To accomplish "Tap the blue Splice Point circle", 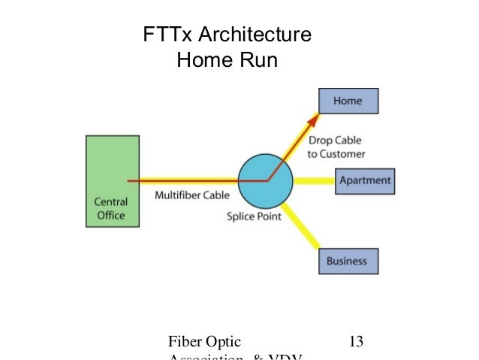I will pos(265,181).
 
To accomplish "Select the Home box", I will pos(348,101).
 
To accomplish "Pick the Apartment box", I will pos(364,181).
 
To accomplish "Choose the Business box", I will pos(348,261).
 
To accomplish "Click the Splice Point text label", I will pos(256,217).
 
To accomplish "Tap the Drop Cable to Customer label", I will pos(336,147).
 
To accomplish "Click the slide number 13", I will pos(356,341).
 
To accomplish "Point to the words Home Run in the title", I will pos(227,59).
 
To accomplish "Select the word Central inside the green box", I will pos(111,201).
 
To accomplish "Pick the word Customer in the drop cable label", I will pos(343,153).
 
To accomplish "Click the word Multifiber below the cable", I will pos(176,196).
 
